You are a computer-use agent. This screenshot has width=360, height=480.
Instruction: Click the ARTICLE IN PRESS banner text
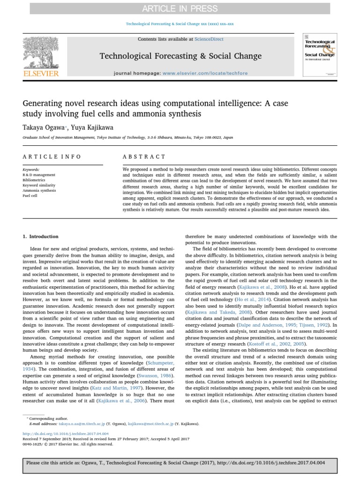(180, 8)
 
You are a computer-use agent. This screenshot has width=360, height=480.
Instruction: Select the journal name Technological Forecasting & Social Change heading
(180, 56)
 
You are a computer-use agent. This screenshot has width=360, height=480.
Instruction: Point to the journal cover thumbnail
(320, 55)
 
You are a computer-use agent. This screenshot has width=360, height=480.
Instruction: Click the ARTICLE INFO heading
(52, 157)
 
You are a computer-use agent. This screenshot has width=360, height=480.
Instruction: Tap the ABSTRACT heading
(144, 157)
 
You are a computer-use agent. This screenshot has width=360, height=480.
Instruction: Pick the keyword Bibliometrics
(34, 180)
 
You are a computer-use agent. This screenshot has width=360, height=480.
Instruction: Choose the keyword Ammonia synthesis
(39, 190)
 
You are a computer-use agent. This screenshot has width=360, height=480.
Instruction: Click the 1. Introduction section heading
(41, 237)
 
